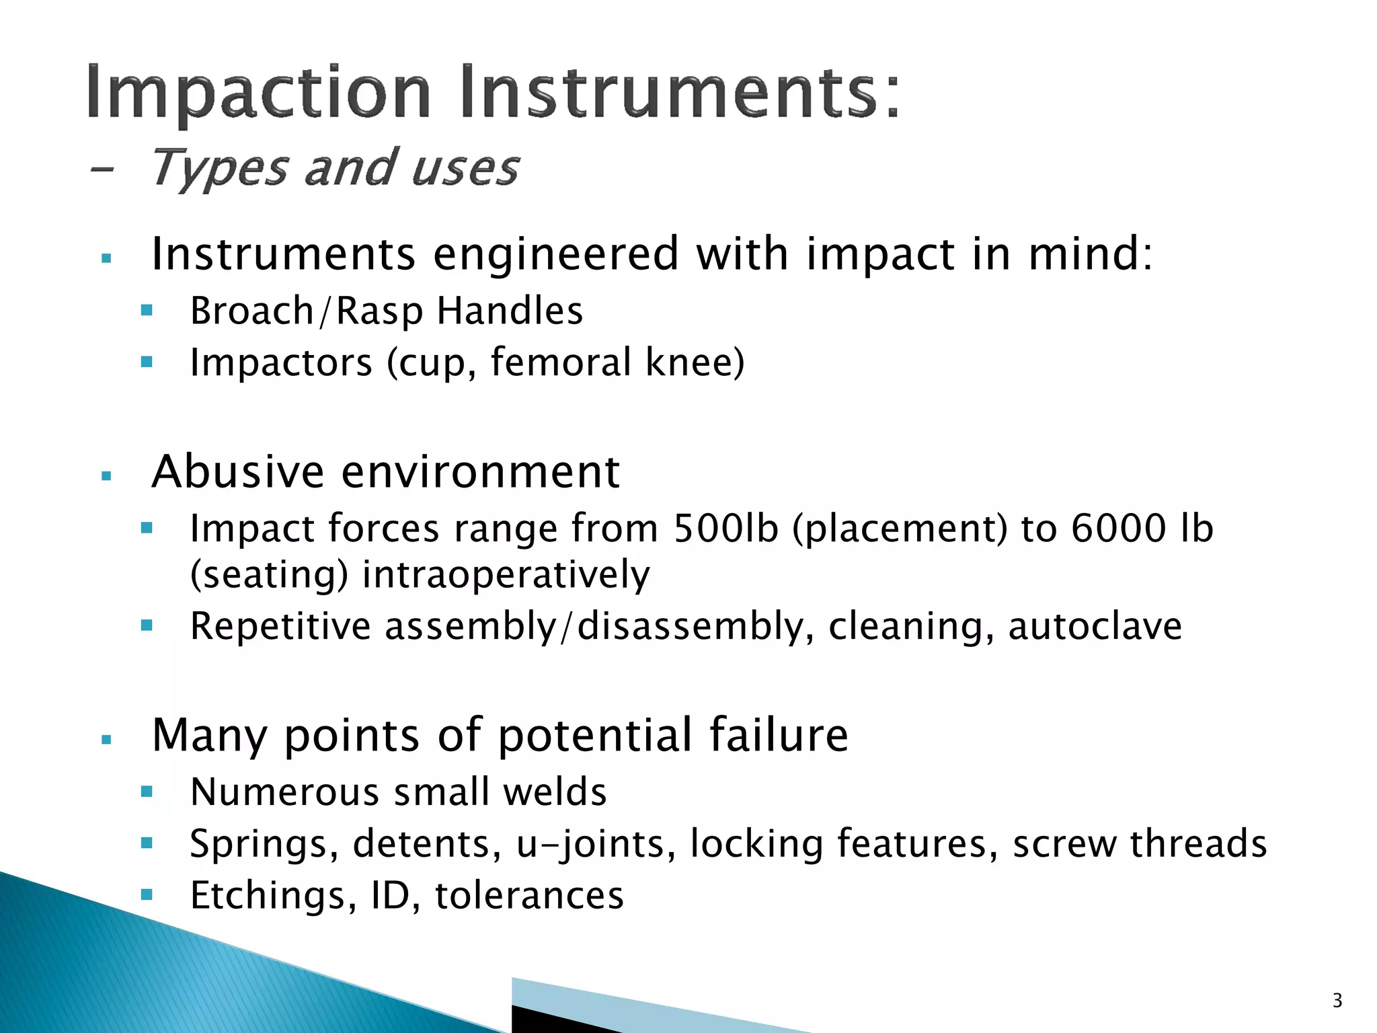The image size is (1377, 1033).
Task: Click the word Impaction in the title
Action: [x=258, y=93]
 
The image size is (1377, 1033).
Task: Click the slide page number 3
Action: [x=1337, y=1001]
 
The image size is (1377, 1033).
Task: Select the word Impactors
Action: [x=281, y=363]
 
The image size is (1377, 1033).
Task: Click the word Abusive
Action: [x=238, y=472]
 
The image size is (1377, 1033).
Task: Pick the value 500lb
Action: [x=726, y=529]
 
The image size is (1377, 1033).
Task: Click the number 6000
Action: [x=1117, y=529]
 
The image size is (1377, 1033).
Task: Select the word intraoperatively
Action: [x=506, y=576]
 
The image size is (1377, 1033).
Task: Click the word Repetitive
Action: [x=280, y=627]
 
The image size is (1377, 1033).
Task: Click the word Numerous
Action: [x=285, y=792]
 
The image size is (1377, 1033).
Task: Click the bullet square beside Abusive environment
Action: [x=106, y=476]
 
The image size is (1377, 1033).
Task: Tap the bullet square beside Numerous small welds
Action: [x=147, y=792]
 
